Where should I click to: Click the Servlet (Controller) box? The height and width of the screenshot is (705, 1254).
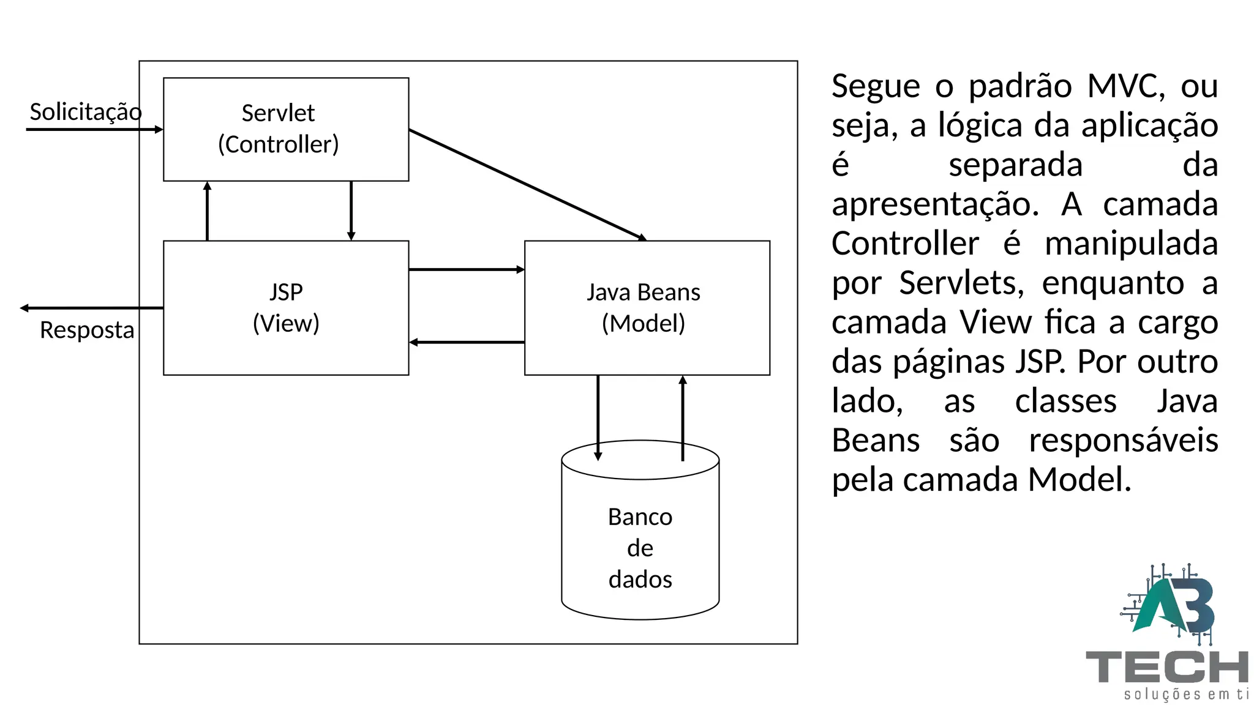coord(286,129)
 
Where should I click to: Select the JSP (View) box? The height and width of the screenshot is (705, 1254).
coord(286,308)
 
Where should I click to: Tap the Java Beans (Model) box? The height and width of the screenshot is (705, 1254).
coord(647,308)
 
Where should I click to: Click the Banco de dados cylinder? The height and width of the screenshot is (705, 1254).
coord(640,539)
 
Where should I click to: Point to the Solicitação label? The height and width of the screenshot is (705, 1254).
coord(86,112)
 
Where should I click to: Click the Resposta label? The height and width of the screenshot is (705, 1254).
coord(87,330)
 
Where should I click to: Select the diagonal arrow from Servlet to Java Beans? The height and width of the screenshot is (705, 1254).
coord(527,184)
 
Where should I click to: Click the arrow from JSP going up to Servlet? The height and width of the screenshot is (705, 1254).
coord(208,211)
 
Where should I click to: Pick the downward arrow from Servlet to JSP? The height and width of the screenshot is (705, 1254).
coord(351,211)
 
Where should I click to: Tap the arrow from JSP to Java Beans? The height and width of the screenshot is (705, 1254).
coord(466,269)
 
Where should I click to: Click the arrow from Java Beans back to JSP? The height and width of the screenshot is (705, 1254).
coord(466,342)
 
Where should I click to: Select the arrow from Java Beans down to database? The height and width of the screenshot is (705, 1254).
coord(598,416)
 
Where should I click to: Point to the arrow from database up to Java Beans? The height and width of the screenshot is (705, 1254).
coord(683,416)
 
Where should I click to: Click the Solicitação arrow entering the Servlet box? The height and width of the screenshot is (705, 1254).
coord(92,129)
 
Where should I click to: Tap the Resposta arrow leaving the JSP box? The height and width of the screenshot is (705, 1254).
coord(92,308)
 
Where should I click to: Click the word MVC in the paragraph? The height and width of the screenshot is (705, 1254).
coord(1125,86)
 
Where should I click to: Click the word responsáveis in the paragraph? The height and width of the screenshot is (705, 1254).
coord(1123,441)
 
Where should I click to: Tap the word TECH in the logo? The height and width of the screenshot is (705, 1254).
coord(1166,667)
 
